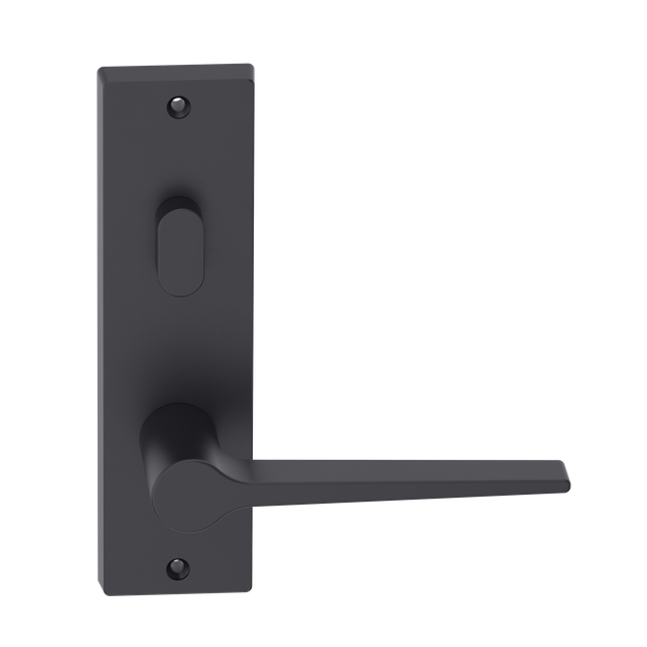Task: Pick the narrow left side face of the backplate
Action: point(103,328)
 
